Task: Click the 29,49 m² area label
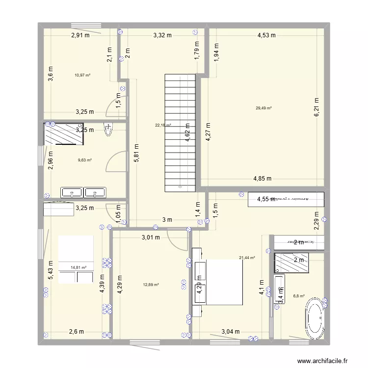click(x=263, y=108)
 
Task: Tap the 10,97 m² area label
click(x=82, y=75)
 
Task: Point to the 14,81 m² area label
click(x=79, y=267)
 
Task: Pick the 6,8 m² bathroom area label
click(x=299, y=296)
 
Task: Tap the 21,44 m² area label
click(x=247, y=258)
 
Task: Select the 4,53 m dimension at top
click(x=266, y=35)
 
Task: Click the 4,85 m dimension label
click(x=263, y=179)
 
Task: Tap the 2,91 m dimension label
click(x=80, y=35)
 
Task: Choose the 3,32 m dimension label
click(x=162, y=35)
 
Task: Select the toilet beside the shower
click(x=108, y=129)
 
